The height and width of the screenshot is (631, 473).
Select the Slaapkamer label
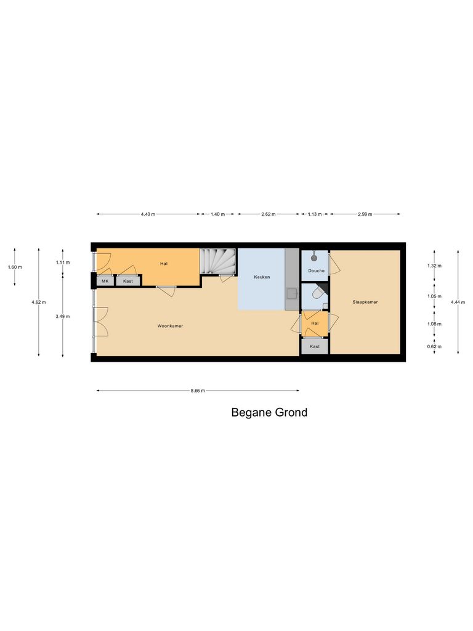click(x=365, y=303)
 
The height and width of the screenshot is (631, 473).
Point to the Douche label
click(x=317, y=271)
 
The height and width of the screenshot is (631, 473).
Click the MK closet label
click(x=105, y=281)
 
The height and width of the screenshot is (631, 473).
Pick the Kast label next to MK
click(x=128, y=281)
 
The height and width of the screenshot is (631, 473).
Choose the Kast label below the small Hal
click(x=315, y=346)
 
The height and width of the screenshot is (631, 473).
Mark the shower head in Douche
click(x=315, y=254)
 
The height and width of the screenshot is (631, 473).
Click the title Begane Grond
click(x=269, y=413)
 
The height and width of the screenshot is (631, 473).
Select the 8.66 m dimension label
click(x=198, y=391)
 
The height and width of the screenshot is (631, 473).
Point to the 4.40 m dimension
click(x=148, y=214)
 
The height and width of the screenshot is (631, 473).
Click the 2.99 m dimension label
click(x=365, y=214)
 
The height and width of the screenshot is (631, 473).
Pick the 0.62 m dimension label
click(x=435, y=347)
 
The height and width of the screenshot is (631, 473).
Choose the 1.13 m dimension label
click(x=315, y=214)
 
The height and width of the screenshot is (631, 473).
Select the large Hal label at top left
click(x=164, y=264)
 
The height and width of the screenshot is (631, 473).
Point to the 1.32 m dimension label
click(x=435, y=266)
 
